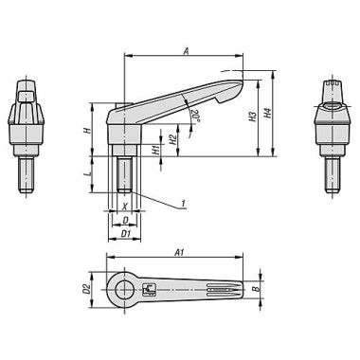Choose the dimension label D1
[125, 233]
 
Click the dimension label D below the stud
[125, 220]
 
